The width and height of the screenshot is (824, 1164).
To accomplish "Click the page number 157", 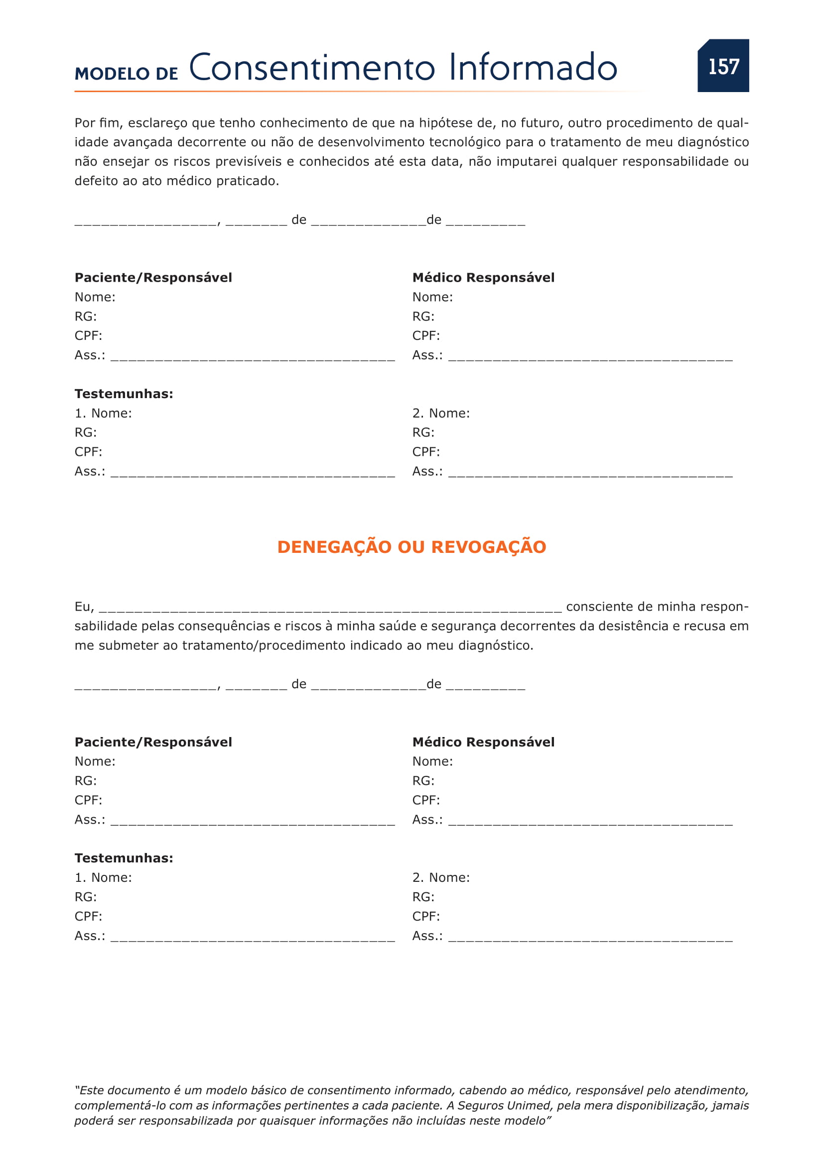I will [723, 67].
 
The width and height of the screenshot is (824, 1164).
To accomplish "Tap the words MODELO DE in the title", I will [126, 74].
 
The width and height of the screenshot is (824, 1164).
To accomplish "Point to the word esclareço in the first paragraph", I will [157, 123].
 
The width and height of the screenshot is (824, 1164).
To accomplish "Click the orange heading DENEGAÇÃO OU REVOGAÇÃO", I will [412, 547].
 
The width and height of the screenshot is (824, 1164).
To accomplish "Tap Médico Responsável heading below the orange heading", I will [483, 742].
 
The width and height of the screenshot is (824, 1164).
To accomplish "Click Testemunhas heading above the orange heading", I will [124, 394].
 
